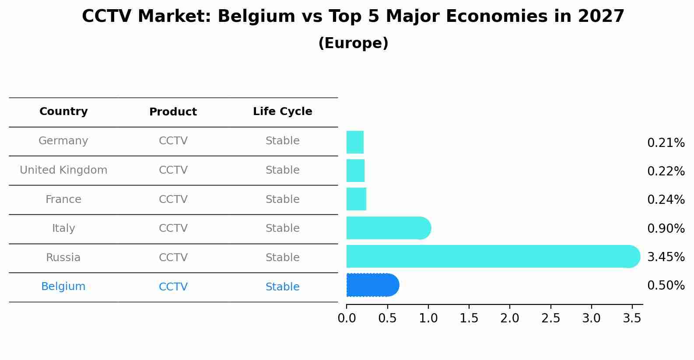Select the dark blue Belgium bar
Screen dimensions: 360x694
(372, 285)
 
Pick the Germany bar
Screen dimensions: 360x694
(355, 142)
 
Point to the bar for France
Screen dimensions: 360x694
(356, 199)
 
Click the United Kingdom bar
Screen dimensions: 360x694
(355, 171)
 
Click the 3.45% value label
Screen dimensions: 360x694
(666, 257)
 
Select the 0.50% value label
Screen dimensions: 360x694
(666, 286)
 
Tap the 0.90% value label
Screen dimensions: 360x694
(666, 228)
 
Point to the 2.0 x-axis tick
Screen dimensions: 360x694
(510, 318)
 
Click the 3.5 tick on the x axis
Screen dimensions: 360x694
(632, 318)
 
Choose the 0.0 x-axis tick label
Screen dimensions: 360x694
(347, 318)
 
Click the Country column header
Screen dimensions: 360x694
(63, 112)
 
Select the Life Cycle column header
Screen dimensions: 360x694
(282, 112)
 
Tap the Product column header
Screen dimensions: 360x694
(173, 112)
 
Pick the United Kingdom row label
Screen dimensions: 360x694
(63, 170)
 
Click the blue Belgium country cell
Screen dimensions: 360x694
(63, 287)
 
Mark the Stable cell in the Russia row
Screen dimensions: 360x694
(282, 258)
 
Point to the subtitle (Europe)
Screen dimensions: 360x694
(353, 43)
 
